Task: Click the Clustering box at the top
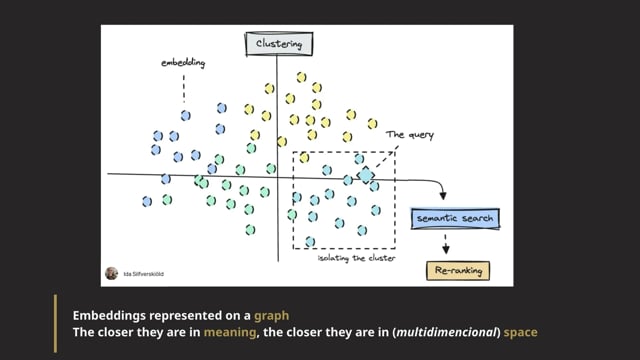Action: tap(279, 44)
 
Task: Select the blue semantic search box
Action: tap(454, 217)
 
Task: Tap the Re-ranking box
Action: tap(458, 270)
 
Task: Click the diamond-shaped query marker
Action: tap(366, 175)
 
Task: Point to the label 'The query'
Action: tap(410, 135)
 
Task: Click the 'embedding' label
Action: tap(183, 64)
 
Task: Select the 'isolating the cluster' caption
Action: tap(356, 260)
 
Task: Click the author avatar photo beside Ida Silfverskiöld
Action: tap(111, 273)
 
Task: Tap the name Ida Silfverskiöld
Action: tap(143, 273)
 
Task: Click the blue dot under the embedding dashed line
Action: tap(186, 116)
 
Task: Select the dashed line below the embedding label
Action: tap(184, 91)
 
